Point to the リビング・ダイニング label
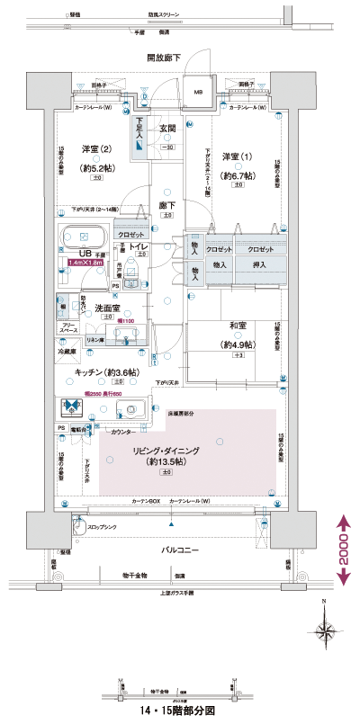[x=166, y=450]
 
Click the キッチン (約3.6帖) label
[x=107, y=371]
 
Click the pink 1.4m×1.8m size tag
[x=84, y=264]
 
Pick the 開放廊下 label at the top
[x=166, y=58]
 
